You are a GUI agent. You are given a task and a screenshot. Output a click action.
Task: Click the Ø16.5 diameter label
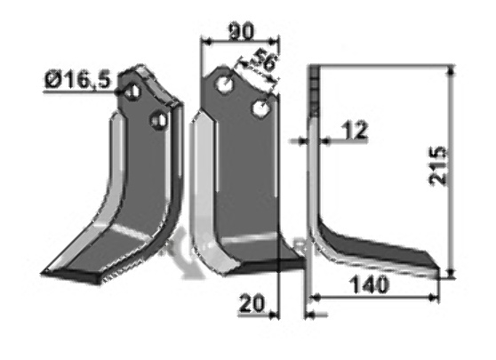point(78,80)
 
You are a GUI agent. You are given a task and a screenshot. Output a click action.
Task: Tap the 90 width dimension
point(241,32)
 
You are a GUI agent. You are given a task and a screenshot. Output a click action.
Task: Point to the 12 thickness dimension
point(356,130)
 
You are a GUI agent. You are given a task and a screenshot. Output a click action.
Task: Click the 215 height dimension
point(437,165)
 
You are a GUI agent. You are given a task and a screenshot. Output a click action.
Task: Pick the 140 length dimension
point(369,284)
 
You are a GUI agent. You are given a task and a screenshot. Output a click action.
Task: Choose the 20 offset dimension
point(252,303)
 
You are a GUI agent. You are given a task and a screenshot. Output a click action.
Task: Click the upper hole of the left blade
point(132,92)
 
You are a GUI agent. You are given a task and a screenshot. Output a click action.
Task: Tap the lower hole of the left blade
point(159,120)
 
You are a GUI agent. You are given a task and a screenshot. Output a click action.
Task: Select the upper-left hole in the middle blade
point(225,84)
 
